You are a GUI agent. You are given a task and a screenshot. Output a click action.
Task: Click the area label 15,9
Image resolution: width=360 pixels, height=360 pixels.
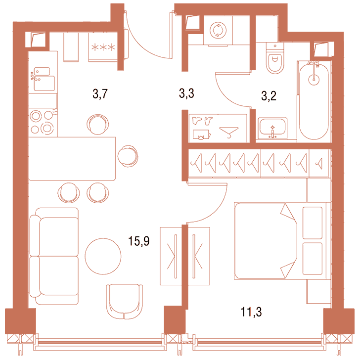click(x=138, y=241)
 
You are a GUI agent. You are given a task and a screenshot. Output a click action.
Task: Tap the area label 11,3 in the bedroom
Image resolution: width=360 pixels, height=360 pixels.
click(x=251, y=312)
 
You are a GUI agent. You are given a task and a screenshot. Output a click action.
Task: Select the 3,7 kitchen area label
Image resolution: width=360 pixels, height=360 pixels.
click(x=100, y=94)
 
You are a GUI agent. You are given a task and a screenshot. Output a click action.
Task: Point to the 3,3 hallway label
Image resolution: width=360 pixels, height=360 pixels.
click(x=186, y=93)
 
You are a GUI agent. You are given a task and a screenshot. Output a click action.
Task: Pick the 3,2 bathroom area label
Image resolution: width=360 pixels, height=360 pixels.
click(x=269, y=96)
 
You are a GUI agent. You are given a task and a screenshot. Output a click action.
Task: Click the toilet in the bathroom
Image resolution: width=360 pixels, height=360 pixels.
click(x=275, y=58)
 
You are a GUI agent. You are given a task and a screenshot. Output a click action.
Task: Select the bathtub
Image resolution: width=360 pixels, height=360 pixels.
click(x=314, y=100)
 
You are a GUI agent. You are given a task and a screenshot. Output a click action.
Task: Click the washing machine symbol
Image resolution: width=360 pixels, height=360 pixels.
click(x=218, y=30)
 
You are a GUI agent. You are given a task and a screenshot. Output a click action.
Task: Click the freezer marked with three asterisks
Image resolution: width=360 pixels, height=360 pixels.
click(x=103, y=47)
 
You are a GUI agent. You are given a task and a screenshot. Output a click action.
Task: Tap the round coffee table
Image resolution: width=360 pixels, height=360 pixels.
click(x=103, y=256)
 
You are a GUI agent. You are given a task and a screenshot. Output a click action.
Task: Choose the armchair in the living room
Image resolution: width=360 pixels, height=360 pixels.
click(x=124, y=302)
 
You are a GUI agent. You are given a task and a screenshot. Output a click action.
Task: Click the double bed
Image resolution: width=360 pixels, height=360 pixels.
click(x=282, y=241)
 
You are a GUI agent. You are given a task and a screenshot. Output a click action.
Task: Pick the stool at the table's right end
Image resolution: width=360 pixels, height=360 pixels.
click(x=128, y=156)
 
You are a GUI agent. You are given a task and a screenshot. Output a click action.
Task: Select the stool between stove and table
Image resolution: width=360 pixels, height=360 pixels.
click(x=97, y=124)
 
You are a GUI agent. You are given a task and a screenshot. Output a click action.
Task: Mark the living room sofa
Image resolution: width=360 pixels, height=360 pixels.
click(x=54, y=256)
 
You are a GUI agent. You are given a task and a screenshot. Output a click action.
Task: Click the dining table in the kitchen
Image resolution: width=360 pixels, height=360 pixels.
click(x=72, y=159)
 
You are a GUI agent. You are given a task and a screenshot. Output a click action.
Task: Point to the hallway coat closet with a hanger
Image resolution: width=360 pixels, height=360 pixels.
click(x=218, y=128)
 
